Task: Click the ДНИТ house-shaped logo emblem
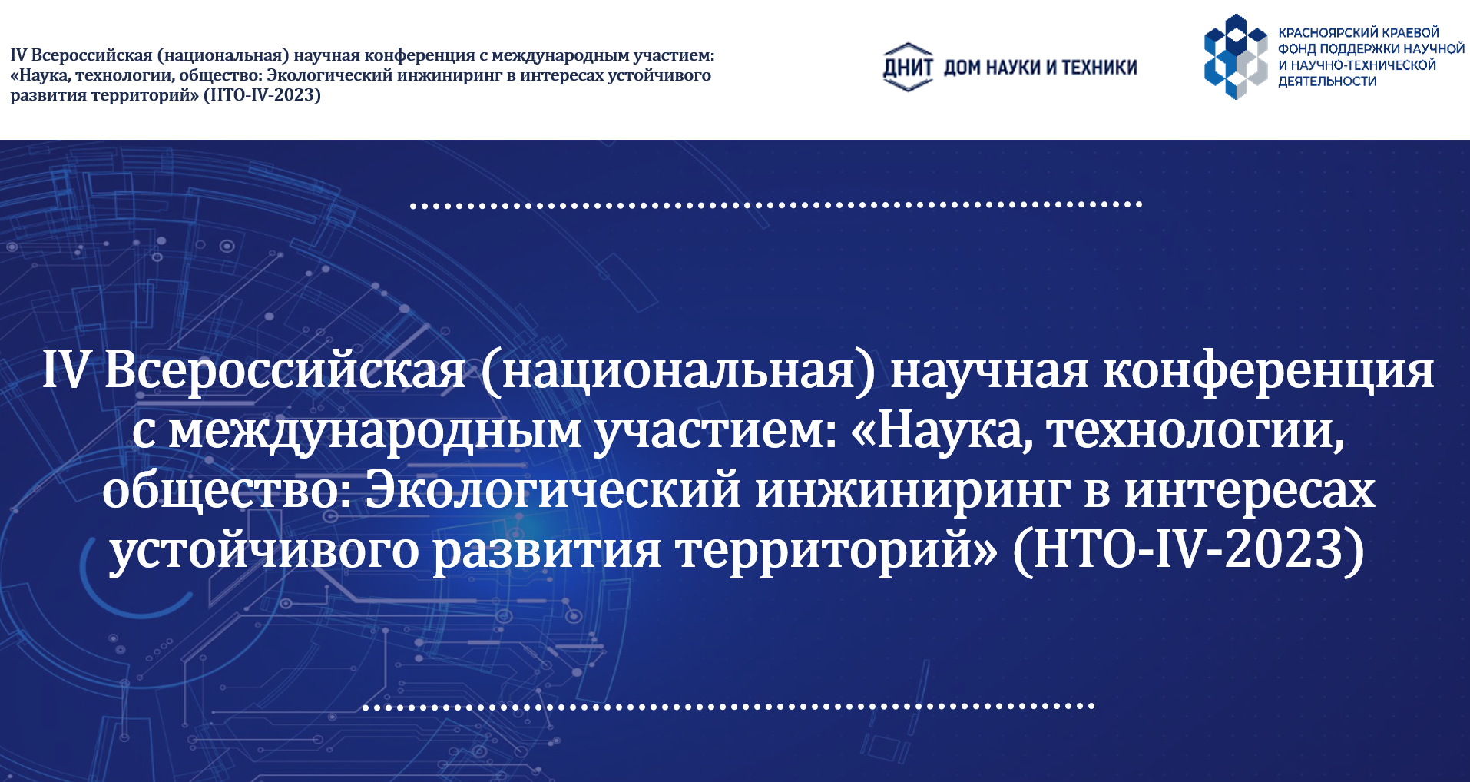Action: tap(908, 67)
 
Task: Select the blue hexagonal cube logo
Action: tap(1236, 56)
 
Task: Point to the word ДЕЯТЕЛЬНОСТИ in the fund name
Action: tap(1327, 81)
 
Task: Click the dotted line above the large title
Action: tap(776, 205)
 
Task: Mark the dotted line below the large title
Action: tap(728, 706)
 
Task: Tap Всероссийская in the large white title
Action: tap(285, 369)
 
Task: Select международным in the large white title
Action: tap(375, 432)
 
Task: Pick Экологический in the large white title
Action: tap(553, 490)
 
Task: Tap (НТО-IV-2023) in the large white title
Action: tap(1188, 549)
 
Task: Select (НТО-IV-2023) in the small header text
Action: tap(262, 95)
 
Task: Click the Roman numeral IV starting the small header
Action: tap(18, 55)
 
